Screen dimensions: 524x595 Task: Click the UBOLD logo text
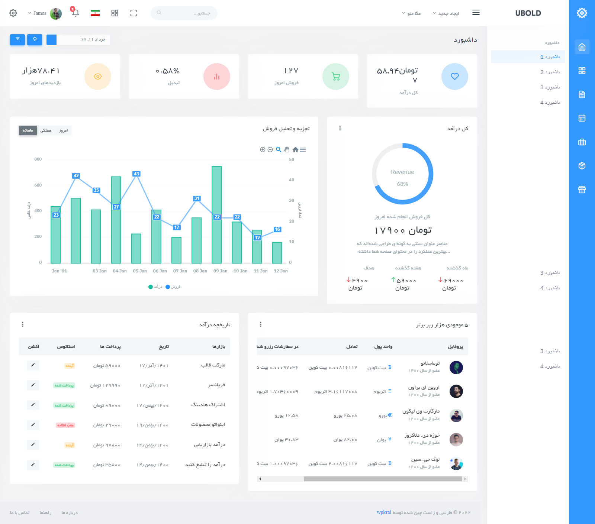[528, 13]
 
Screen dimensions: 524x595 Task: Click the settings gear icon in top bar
[13, 13]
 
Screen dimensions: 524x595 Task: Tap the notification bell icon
[75, 13]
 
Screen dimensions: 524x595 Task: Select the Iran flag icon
[95, 13]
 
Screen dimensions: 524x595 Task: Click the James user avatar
[56, 13]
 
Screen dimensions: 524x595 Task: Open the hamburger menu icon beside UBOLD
[476, 12]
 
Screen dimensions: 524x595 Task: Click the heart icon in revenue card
[454, 77]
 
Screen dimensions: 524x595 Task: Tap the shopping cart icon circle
[336, 77]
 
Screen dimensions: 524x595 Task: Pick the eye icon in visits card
[98, 77]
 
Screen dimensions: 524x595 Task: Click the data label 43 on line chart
[136, 174]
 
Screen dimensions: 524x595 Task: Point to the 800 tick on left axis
[38, 159]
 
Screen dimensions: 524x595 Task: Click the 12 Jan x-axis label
[281, 271]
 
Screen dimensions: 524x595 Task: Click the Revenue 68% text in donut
[402, 177]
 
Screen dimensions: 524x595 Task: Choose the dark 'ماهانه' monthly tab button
[28, 130]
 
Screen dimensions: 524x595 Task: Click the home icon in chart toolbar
[295, 150]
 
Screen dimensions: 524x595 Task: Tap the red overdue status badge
[65, 425]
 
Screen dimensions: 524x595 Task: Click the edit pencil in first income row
[33, 365]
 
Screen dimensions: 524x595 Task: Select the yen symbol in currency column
[390, 439]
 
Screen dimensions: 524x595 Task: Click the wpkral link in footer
[384, 512]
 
